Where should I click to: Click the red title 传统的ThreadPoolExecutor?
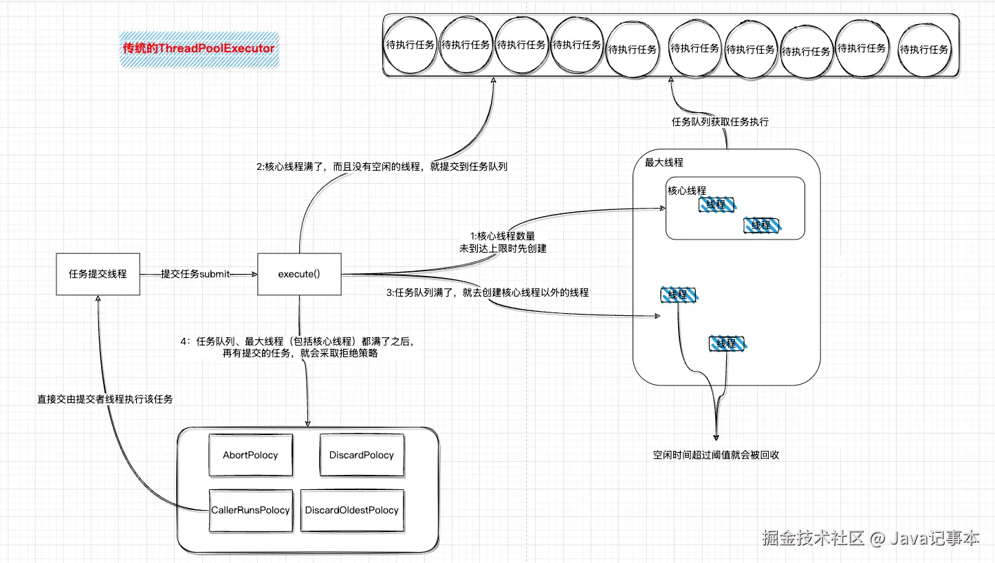tap(199, 48)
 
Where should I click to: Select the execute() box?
tap(299, 274)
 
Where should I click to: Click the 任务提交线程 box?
tap(98, 274)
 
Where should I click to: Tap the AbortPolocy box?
tap(250, 455)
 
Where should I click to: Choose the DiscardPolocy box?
tap(362, 455)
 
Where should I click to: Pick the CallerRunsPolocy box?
tap(250, 510)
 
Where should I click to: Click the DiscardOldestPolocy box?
tap(352, 510)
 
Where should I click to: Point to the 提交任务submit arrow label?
tap(195, 274)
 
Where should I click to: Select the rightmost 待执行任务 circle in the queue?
tap(924, 49)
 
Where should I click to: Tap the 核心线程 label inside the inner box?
tap(686, 191)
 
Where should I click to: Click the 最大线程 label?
tap(664, 162)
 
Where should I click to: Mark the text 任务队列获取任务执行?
tap(720, 122)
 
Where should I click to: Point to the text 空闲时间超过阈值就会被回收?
tap(716, 455)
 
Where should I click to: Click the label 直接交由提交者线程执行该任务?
tap(105, 399)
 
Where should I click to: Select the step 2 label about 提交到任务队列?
tap(382, 167)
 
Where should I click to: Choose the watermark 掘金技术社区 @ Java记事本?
tap(870, 538)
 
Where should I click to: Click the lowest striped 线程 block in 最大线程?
tap(727, 343)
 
